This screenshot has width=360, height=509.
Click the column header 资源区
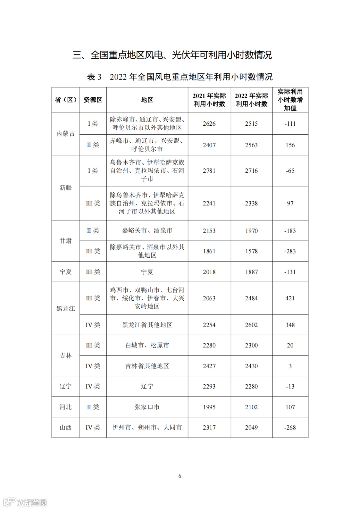click(x=93, y=100)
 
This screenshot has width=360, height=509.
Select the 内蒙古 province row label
click(x=66, y=134)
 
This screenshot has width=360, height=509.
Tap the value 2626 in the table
click(x=209, y=124)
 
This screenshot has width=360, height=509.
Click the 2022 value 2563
click(x=251, y=145)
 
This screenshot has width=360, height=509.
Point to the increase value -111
click(x=290, y=124)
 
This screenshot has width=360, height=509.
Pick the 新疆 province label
click(x=66, y=188)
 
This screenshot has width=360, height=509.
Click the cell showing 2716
click(x=251, y=171)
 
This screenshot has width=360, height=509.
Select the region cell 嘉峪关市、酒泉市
click(x=147, y=231)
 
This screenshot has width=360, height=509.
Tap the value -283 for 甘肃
click(x=290, y=251)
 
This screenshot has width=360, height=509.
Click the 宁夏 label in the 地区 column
click(x=147, y=272)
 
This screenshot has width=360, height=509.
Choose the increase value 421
click(x=290, y=298)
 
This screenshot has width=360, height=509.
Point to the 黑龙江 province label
click(x=66, y=309)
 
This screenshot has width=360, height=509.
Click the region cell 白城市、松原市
click(x=147, y=346)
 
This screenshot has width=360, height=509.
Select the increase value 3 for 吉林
click(x=290, y=366)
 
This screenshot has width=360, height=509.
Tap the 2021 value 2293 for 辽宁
click(x=209, y=387)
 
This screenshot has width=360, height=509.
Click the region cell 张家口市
click(x=147, y=407)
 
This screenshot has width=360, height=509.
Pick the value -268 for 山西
click(x=290, y=428)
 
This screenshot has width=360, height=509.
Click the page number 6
click(x=180, y=476)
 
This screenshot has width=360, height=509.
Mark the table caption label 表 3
click(x=94, y=77)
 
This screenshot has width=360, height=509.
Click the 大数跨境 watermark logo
click(x=25, y=502)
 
